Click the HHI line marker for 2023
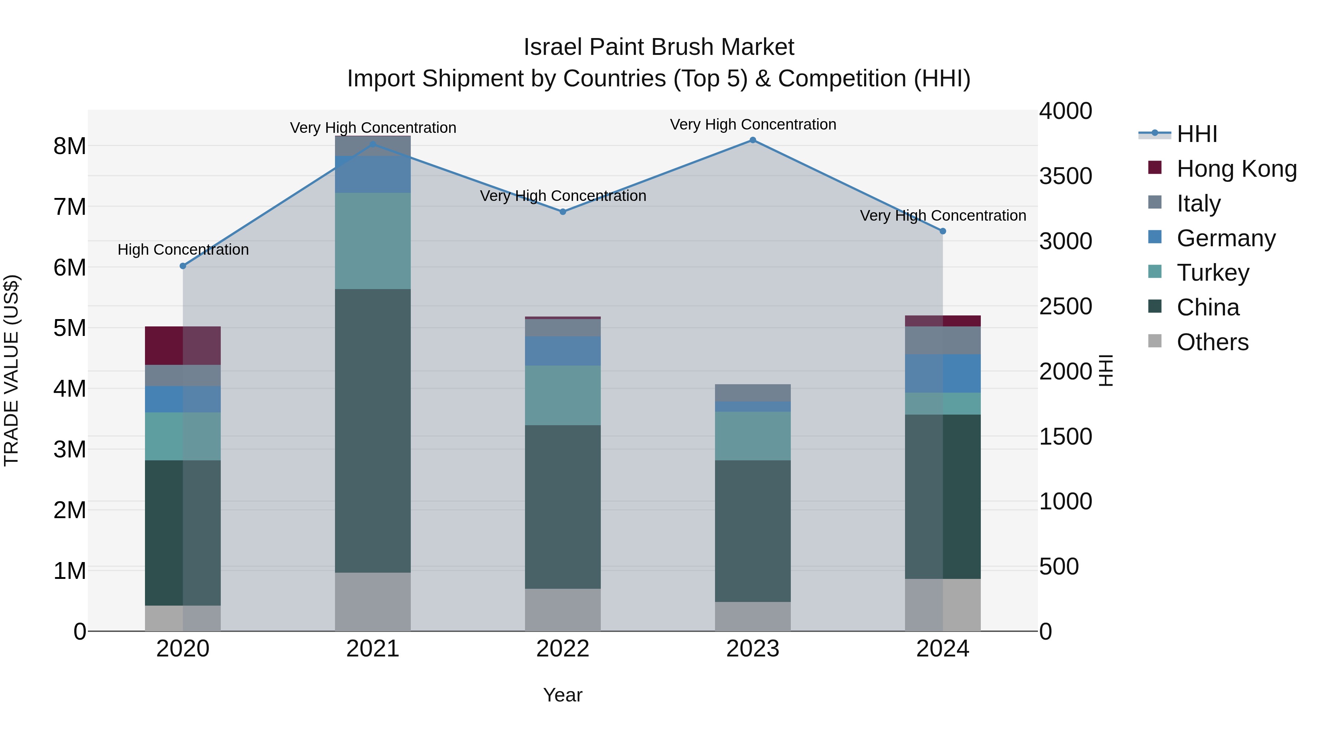tap(753, 140)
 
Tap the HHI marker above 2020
tap(183, 266)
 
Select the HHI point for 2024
tap(943, 231)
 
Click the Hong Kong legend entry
tap(1236, 169)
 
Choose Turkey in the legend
tap(1213, 273)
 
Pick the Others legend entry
tap(1212, 342)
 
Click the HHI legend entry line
tap(1155, 134)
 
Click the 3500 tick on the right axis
tap(1065, 176)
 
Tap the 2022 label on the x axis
tap(563, 649)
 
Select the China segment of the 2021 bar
tap(373, 431)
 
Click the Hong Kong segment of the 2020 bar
tap(183, 346)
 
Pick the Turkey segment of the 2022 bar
tap(563, 395)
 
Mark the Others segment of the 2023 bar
tap(753, 616)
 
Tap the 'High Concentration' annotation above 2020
tap(183, 250)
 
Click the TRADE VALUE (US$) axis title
tap(11, 370)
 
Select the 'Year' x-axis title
tap(563, 695)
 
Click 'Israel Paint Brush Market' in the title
tap(659, 47)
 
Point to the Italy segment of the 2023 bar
tap(753, 393)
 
